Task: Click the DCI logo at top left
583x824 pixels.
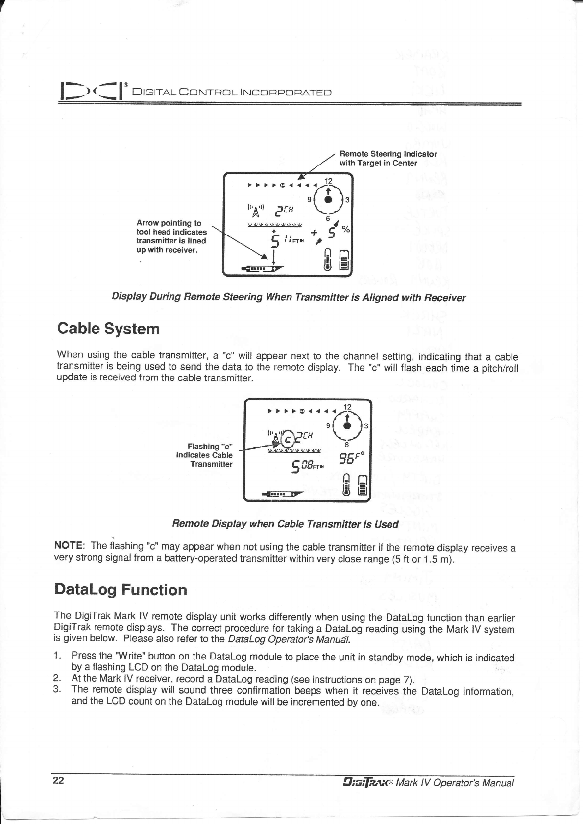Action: click(x=91, y=92)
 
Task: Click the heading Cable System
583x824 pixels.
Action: click(x=108, y=328)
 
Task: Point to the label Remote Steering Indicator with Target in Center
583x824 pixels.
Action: click(x=388, y=158)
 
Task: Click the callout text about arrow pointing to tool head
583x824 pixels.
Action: click(x=171, y=236)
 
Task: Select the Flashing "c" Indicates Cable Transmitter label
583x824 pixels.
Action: click(x=204, y=455)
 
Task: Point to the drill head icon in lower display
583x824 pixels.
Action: click(x=283, y=494)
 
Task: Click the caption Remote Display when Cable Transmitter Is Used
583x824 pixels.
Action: click(x=285, y=524)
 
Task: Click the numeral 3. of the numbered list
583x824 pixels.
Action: click(x=58, y=690)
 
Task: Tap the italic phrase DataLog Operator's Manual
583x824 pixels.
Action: click(x=283, y=639)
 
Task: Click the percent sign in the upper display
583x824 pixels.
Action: click(x=346, y=229)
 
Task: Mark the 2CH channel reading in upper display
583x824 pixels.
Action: click(x=285, y=209)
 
